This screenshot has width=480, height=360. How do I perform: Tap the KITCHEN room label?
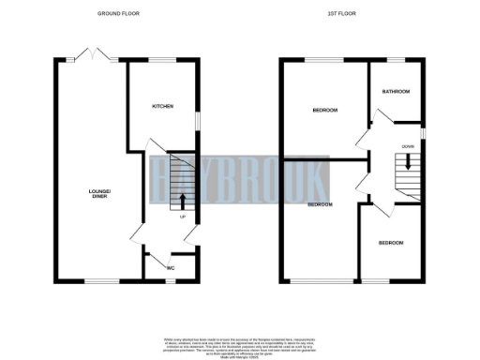pyautogui.click(x=163, y=107)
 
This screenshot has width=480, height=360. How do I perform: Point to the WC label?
pyautogui.click(x=171, y=268)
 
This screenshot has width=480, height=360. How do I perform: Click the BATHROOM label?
pyautogui.click(x=394, y=92)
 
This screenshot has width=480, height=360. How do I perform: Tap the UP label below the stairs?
pyautogui.click(x=183, y=217)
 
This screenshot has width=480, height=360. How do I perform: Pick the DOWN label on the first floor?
pyautogui.click(x=408, y=146)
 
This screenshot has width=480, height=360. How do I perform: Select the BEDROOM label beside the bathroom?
pyautogui.click(x=324, y=111)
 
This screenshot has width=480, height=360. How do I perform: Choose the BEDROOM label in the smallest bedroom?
pyautogui.click(x=391, y=243)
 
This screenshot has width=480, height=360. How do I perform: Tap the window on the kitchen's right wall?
pyautogui.click(x=197, y=122)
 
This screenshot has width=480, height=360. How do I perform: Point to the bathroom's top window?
pyautogui.click(x=396, y=61)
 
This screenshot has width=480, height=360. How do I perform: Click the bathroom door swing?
pyautogui.click(x=380, y=117)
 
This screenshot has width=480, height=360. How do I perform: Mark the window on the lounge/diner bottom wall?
pyautogui.click(x=92, y=280)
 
